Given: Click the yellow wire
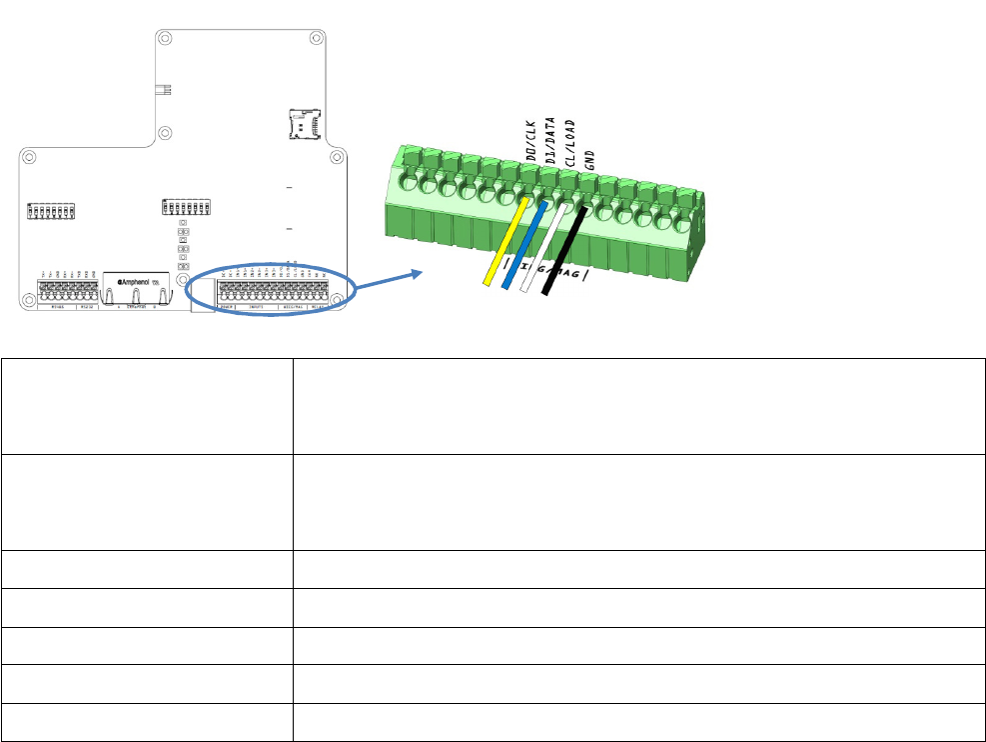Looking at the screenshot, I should tap(505, 240).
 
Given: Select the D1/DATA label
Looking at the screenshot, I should tap(549, 138).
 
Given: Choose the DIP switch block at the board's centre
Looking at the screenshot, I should tap(185, 208).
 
